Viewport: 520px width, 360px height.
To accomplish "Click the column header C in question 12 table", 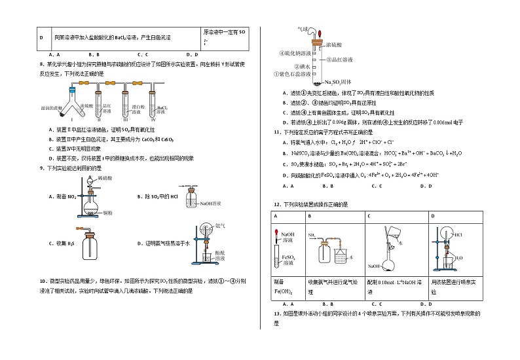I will pos(369,215).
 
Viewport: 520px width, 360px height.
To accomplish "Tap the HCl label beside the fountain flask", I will pos(458,234).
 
